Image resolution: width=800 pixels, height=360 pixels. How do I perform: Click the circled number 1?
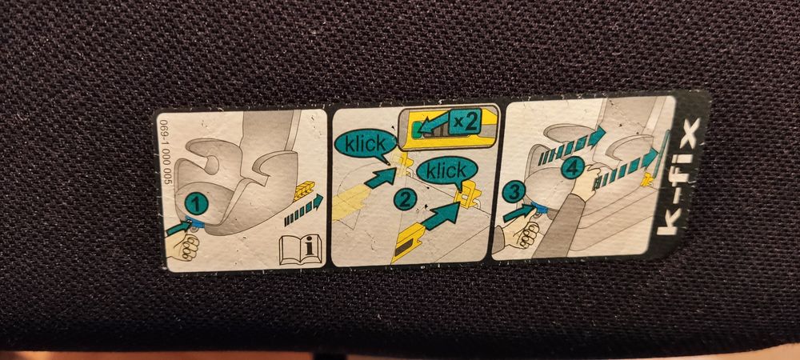point(197,205)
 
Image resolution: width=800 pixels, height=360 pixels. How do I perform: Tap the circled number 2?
point(405,200)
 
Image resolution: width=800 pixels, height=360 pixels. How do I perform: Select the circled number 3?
point(513,193)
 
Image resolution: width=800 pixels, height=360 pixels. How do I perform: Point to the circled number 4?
point(573,168)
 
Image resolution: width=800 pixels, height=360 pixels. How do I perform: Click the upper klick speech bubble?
point(364,144)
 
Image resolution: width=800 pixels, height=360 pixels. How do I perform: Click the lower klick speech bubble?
point(447,171)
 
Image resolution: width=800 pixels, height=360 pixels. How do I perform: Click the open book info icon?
point(301,250)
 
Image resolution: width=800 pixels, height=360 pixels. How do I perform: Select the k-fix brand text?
point(678,177)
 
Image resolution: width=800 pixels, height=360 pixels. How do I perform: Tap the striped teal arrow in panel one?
point(303,210)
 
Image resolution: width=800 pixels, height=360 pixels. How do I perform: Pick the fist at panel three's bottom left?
point(520,235)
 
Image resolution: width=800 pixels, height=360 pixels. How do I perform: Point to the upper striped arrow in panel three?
point(571,146)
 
